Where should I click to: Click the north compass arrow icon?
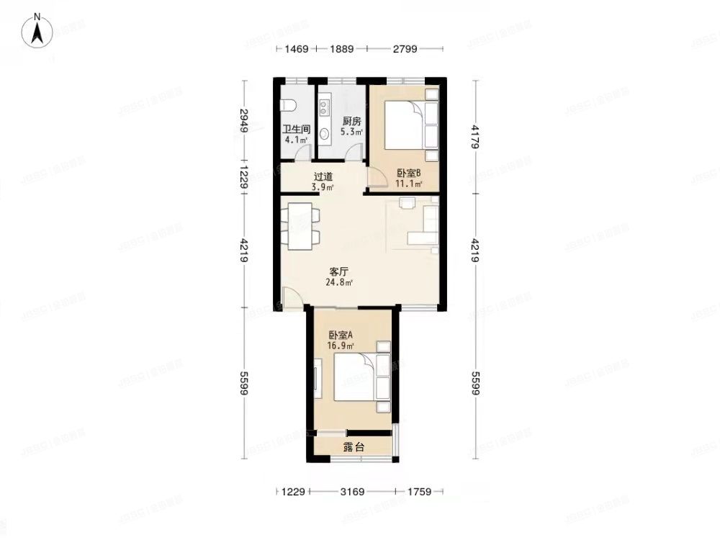coord(37,31)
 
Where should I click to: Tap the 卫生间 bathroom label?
coord(295,130)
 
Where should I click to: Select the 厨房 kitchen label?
coord(351,122)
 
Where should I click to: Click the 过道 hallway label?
coord(323,176)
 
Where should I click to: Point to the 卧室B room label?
coord(408,174)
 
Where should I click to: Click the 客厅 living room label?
coord(339,272)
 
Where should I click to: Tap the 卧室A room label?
coord(340,335)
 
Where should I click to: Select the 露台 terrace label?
coord(354,447)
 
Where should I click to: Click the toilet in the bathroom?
coord(289,105)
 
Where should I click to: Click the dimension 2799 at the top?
coord(405,49)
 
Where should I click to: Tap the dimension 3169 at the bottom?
coord(354,492)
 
